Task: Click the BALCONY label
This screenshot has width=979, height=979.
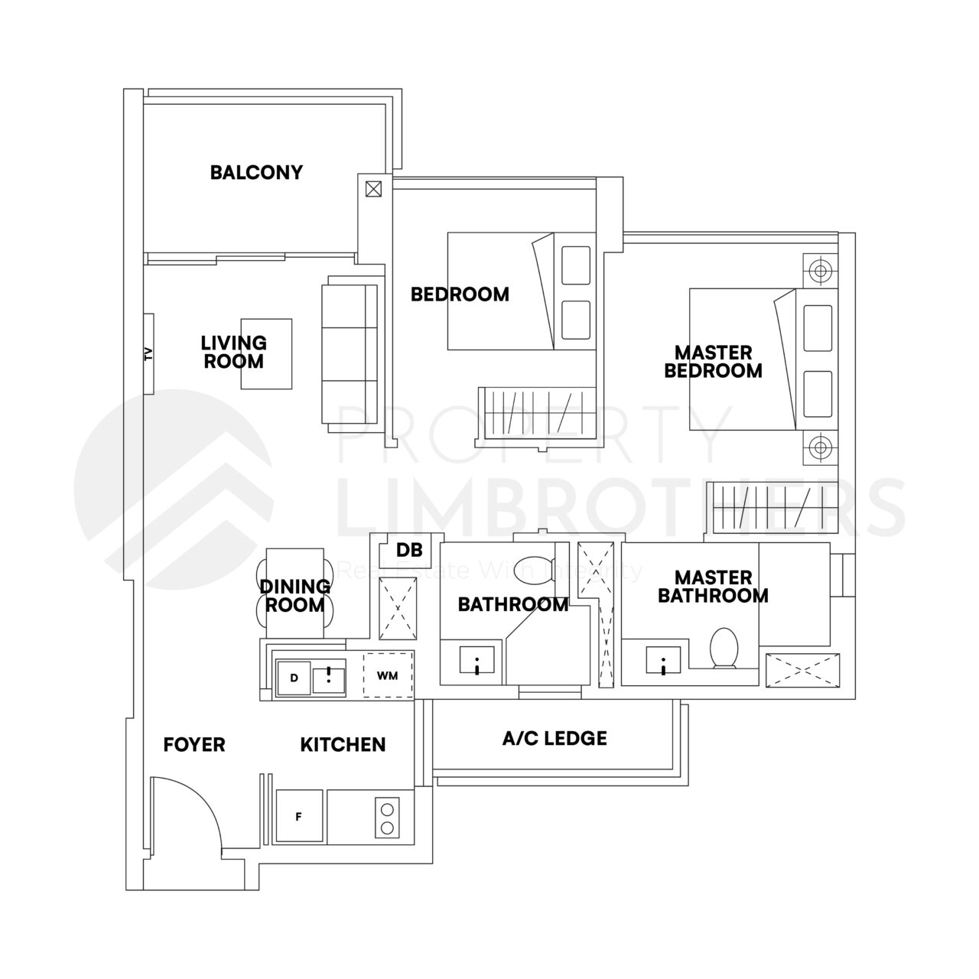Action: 256,172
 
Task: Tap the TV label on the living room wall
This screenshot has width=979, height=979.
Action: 148,353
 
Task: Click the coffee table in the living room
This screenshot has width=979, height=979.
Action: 266,354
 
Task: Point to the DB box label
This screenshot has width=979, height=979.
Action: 405,550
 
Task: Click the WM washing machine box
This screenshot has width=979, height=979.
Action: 387,676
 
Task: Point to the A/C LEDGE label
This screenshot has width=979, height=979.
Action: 555,738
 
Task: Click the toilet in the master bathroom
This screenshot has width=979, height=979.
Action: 722,649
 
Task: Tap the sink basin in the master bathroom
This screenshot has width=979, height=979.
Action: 663,660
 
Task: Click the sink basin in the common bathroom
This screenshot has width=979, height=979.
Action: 477,660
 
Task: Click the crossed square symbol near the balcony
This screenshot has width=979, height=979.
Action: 374,188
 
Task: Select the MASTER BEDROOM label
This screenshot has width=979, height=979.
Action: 713,362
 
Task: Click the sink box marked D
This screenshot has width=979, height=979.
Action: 294,678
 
